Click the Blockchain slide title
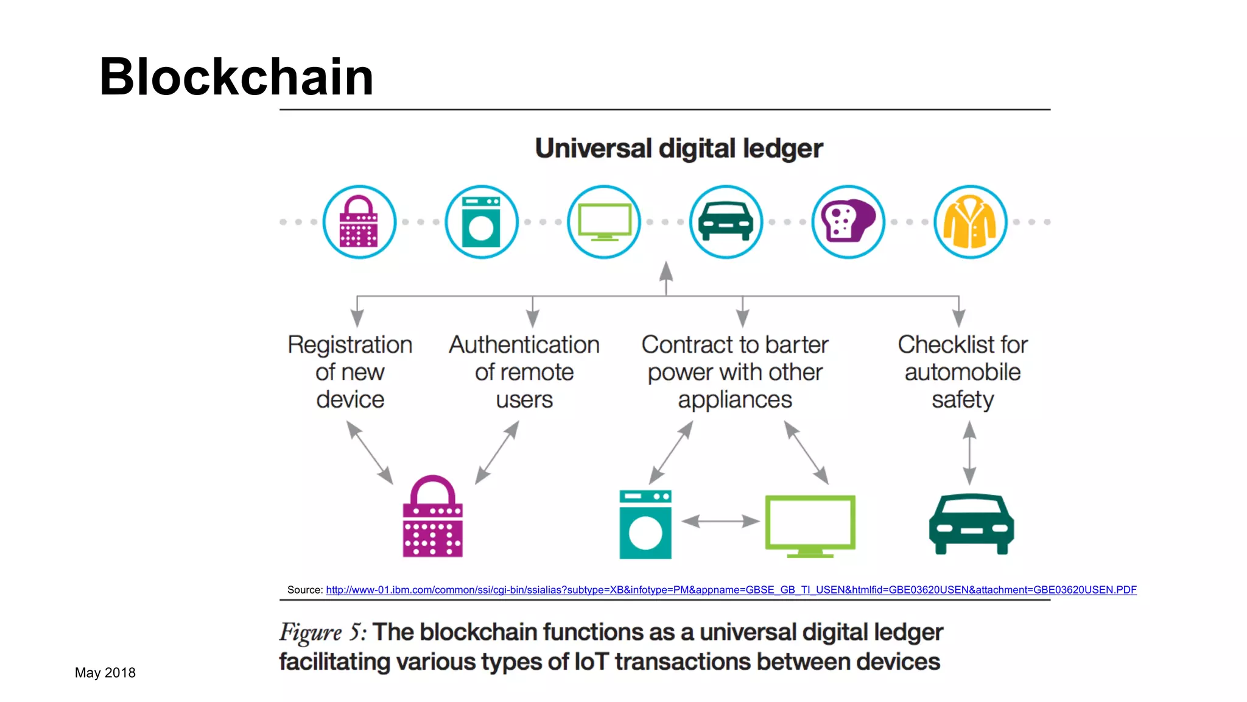pyautogui.click(x=236, y=77)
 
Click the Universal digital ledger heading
pyautogui.click(x=679, y=149)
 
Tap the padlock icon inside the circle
pyautogui.click(x=359, y=222)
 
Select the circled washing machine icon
pyautogui.click(x=482, y=222)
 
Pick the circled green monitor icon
pyautogui.click(x=604, y=222)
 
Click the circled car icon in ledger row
pyautogui.click(x=726, y=222)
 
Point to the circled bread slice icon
pyautogui.click(x=848, y=222)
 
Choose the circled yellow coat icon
pyautogui.click(x=970, y=222)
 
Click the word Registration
pyautogui.click(x=350, y=345)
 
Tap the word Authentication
pyautogui.click(x=524, y=345)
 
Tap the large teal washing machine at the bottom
pyautogui.click(x=645, y=524)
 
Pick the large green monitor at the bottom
pyautogui.click(x=810, y=524)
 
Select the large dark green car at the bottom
pyautogui.click(x=971, y=524)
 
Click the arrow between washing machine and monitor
pyautogui.click(x=720, y=521)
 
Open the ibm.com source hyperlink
pyautogui.click(x=731, y=590)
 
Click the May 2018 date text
pyautogui.click(x=105, y=673)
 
